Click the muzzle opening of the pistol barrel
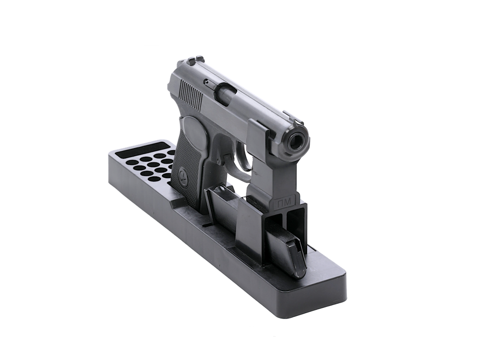(x=296, y=141)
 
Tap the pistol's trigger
(x=229, y=162)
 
